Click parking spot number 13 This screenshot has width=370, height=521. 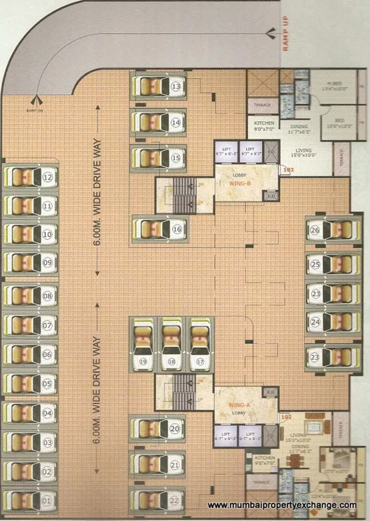click(x=175, y=87)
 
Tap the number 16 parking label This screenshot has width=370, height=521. click(x=177, y=229)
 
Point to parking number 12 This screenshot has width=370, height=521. click(x=48, y=178)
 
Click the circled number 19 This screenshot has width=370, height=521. click(x=142, y=362)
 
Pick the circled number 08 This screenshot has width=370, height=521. click(x=48, y=296)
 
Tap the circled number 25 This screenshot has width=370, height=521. click(x=315, y=264)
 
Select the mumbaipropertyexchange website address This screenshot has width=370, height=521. click(x=282, y=505)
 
